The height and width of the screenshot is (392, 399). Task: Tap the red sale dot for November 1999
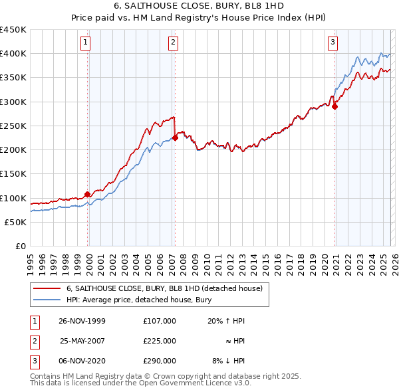pyautogui.click(x=88, y=195)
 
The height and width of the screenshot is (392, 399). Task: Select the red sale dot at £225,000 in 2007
pyautogui.click(x=175, y=138)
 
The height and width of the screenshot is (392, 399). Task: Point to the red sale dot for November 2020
pyautogui.click(x=335, y=106)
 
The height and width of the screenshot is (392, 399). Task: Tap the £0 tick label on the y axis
pyautogui.click(x=20, y=246)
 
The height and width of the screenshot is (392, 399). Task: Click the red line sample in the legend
pyautogui.click(x=47, y=288)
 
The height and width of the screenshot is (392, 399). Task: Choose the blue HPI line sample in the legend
pyautogui.click(x=47, y=300)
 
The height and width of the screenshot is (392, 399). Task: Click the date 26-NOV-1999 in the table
pyautogui.click(x=82, y=321)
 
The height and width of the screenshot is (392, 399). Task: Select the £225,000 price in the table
pyautogui.click(x=159, y=341)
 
